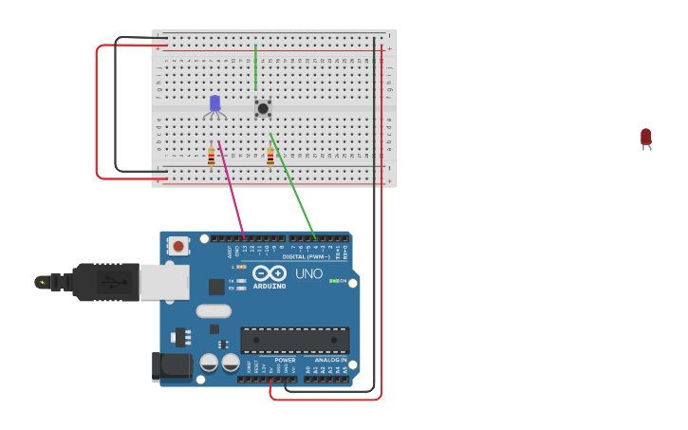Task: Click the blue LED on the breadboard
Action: [214, 103]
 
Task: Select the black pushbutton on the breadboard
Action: [263, 108]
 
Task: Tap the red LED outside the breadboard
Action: [646, 138]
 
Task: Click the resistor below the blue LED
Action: [211, 156]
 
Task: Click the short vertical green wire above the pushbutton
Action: [255, 66]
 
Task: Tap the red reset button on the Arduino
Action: [177, 246]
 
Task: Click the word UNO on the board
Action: [308, 273]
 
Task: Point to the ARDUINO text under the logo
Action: [270, 286]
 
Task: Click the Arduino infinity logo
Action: [270, 273]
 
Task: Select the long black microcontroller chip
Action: [294, 340]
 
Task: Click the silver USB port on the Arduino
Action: [163, 282]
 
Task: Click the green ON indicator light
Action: [333, 281]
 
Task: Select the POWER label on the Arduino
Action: [285, 361]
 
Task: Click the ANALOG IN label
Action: [330, 361]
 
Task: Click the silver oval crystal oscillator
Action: [214, 310]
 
